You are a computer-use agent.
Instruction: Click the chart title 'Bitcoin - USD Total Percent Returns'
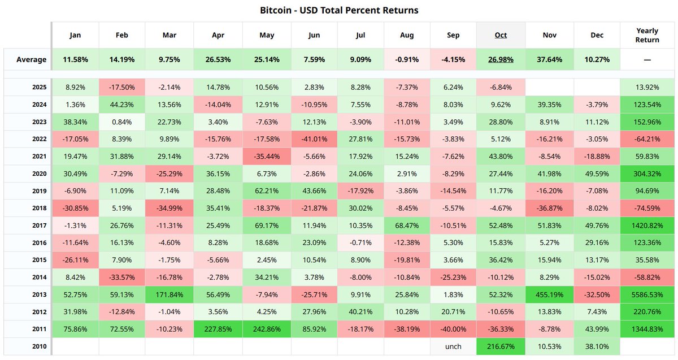click(339, 10)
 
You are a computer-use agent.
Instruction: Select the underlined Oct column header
click(501, 35)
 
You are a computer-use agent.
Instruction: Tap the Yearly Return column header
click(647, 35)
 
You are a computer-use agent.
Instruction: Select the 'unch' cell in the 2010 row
click(453, 346)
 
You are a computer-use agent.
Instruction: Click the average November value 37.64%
click(549, 59)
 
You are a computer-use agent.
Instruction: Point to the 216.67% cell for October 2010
click(501, 346)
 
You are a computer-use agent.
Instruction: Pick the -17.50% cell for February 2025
click(121, 87)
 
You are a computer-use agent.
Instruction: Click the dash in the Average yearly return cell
click(647, 59)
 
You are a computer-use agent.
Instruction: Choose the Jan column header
click(75, 35)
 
